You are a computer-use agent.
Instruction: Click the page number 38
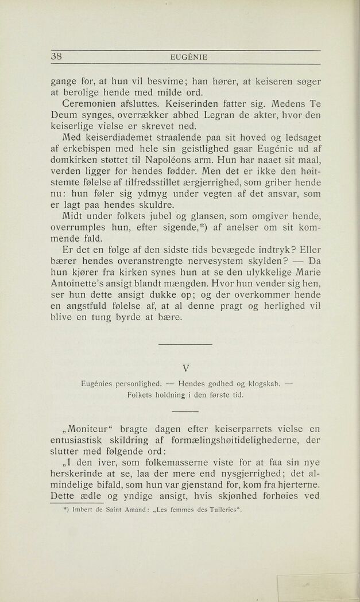pyautogui.click(x=56, y=56)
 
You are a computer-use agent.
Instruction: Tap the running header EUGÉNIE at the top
pyautogui.click(x=189, y=57)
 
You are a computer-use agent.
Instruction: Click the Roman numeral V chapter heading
pyautogui.click(x=185, y=368)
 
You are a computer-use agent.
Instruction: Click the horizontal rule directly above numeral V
pyautogui.click(x=185, y=344)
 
